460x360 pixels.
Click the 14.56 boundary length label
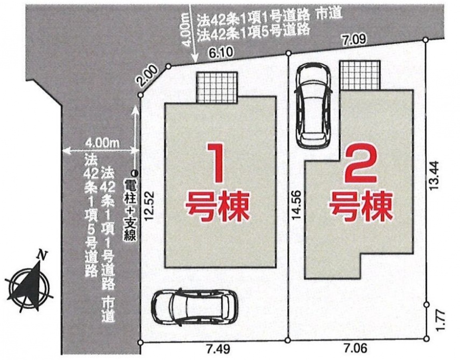click(296, 205)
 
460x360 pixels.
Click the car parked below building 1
click(195, 307)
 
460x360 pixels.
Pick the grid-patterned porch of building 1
click(217, 88)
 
